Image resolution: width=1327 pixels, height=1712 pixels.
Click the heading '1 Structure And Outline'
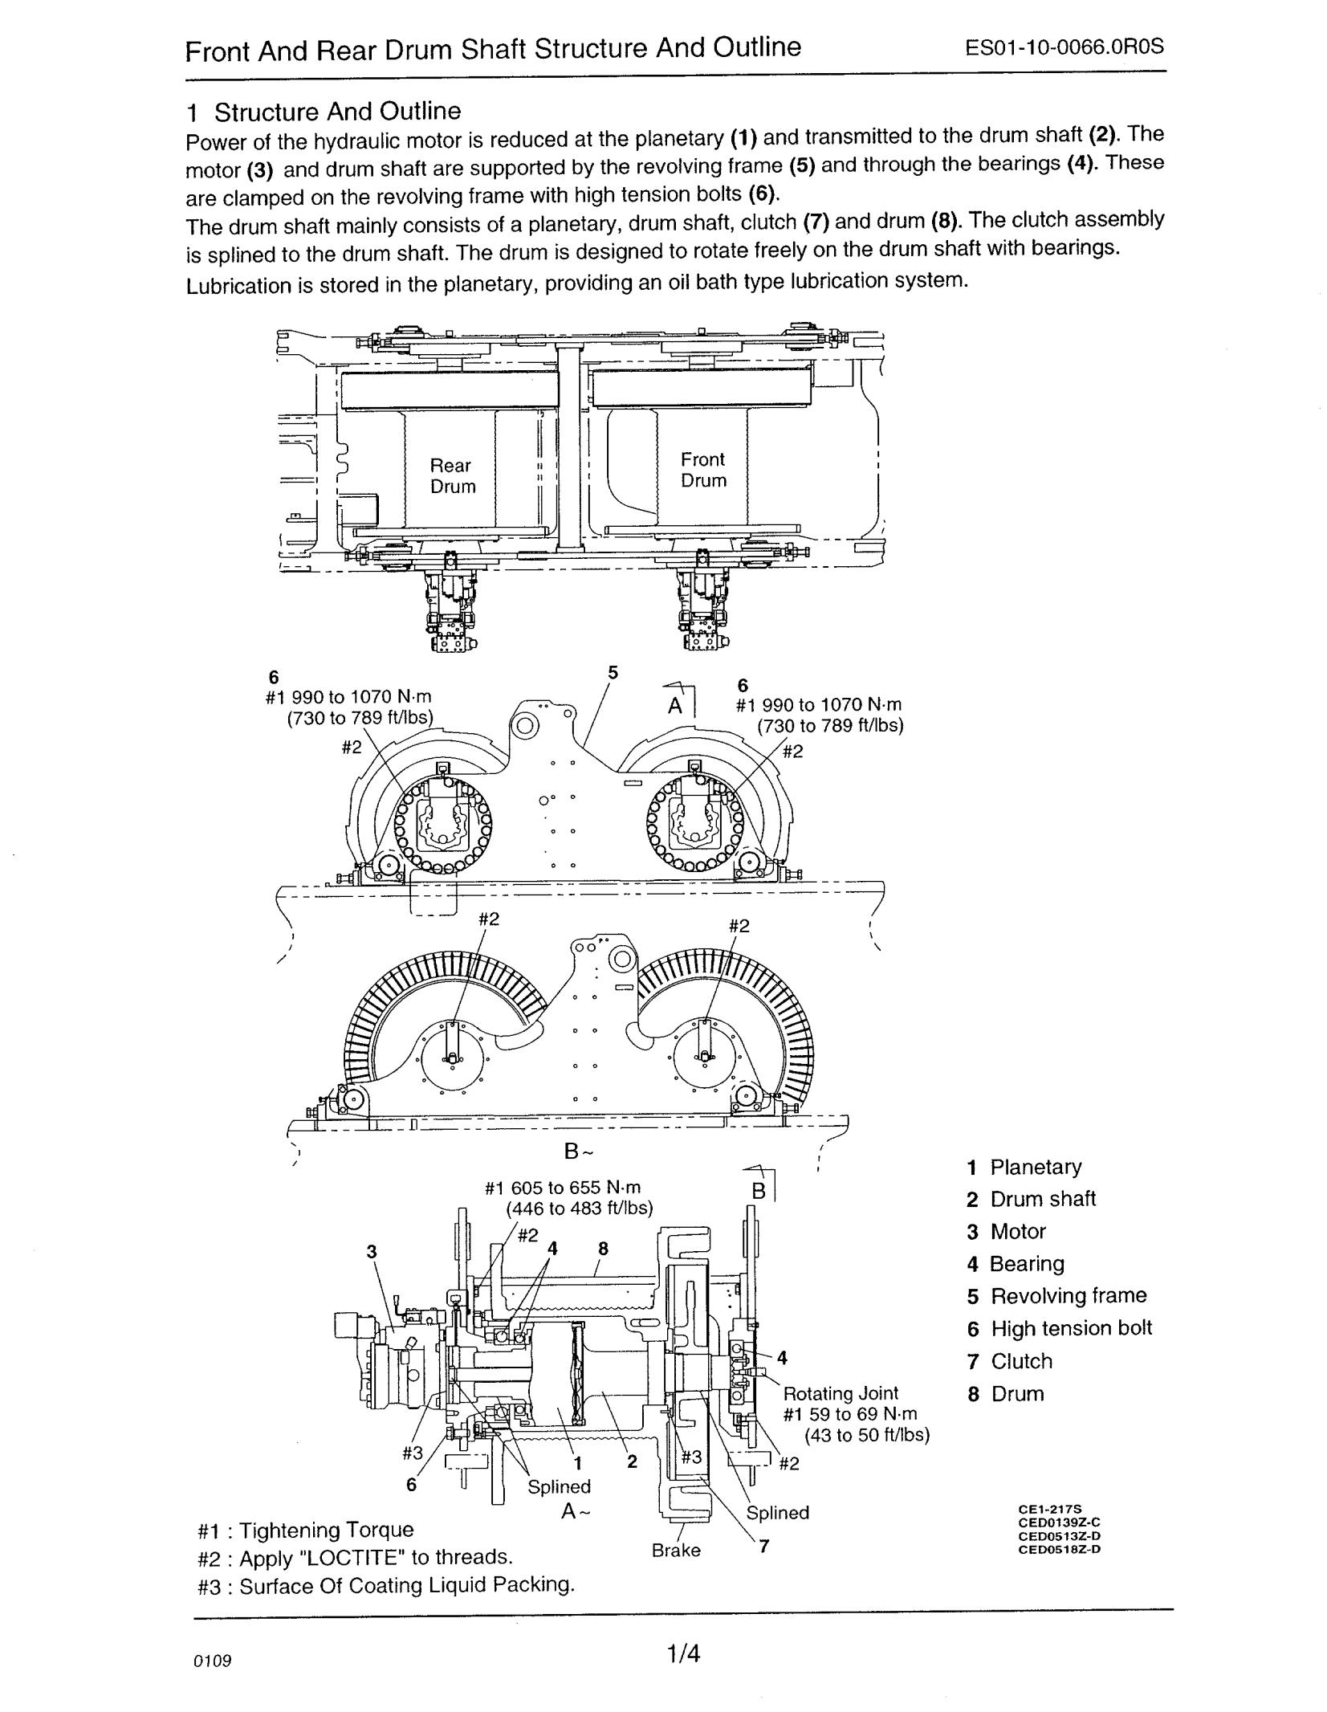(324, 111)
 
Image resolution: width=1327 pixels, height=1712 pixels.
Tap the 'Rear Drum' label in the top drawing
(453, 475)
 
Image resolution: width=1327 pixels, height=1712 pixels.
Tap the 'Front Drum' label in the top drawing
(703, 470)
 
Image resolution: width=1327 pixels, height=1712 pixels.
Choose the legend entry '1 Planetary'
(1024, 1168)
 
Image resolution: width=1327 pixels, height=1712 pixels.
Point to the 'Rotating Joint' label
(841, 1393)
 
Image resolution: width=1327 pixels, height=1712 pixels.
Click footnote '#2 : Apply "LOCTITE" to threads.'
(355, 1557)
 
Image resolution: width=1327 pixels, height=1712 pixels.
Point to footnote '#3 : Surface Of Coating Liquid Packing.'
(386, 1585)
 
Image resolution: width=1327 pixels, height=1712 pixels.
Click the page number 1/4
(683, 1654)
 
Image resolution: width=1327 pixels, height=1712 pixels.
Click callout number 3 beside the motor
(372, 1251)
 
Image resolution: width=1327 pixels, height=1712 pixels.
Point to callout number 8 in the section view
(604, 1248)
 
